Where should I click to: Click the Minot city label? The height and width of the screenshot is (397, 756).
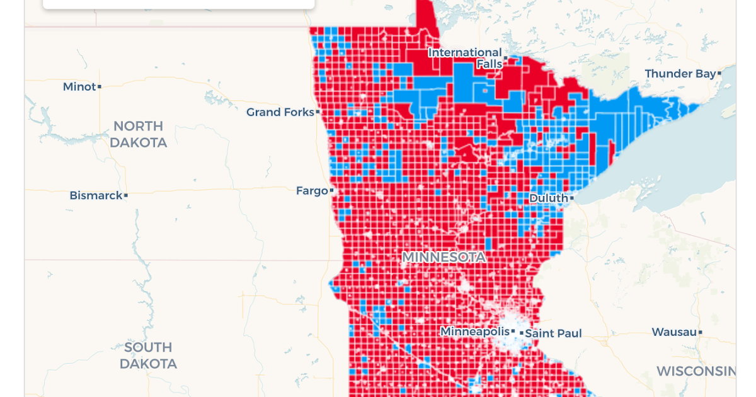tap(79, 87)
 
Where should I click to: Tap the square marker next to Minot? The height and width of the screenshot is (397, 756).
tap(100, 87)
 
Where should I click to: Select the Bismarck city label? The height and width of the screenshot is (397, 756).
tap(96, 196)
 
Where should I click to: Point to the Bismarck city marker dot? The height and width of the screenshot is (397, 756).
tap(126, 196)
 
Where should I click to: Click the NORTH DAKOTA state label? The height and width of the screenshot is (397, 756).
tap(138, 134)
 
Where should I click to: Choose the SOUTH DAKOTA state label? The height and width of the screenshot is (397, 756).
tap(148, 355)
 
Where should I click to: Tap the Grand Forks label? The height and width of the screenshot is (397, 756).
tap(280, 112)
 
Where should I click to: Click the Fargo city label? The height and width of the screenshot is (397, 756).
tap(312, 190)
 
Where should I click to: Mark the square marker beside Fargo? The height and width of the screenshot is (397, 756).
tap(332, 190)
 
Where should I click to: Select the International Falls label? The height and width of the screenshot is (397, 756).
tap(465, 58)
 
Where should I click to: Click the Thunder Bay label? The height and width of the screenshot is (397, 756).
tap(680, 74)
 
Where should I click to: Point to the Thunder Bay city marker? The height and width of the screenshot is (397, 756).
tap(719, 74)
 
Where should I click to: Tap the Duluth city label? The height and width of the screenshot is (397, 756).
tap(548, 198)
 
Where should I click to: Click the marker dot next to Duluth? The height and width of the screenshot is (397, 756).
tap(571, 198)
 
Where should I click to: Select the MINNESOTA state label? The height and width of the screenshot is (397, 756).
tap(444, 257)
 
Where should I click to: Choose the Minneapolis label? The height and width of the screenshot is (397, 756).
tap(474, 331)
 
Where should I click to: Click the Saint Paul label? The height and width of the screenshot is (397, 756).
tap(553, 333)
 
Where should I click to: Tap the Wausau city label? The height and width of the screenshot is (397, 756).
tap(673, 332)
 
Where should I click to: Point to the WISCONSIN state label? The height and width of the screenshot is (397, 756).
tap(696, 371)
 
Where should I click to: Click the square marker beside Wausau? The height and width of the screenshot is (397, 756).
tap(700, 332)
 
